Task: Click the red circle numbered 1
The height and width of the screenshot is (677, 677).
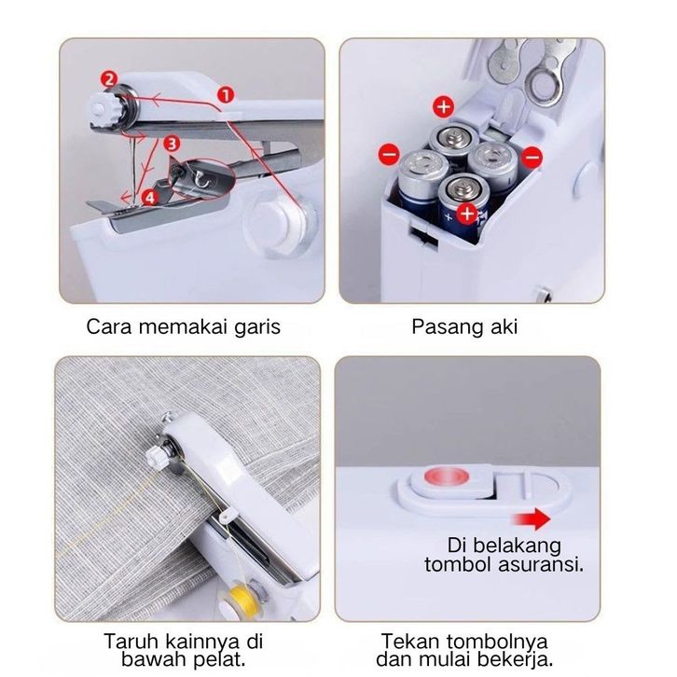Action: tap(226, 94)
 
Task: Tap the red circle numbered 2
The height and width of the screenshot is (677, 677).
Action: tap(109, 79)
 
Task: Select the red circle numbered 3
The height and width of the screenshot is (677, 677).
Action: tap(172, 144)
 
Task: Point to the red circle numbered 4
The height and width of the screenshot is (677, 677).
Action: tap(149, 198)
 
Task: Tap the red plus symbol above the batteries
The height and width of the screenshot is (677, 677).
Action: tap(444, 106)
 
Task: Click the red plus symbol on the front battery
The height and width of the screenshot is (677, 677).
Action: tap(467, 214)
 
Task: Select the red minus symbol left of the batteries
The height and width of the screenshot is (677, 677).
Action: tap(389, 154)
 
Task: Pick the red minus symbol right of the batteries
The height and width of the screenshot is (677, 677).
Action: tap(532, 157)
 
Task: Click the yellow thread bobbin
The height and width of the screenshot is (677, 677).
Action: tap(244, 599)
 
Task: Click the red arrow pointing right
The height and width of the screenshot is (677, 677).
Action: tap(532, 518)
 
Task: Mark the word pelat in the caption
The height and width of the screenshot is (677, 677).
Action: tap(219, 659)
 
